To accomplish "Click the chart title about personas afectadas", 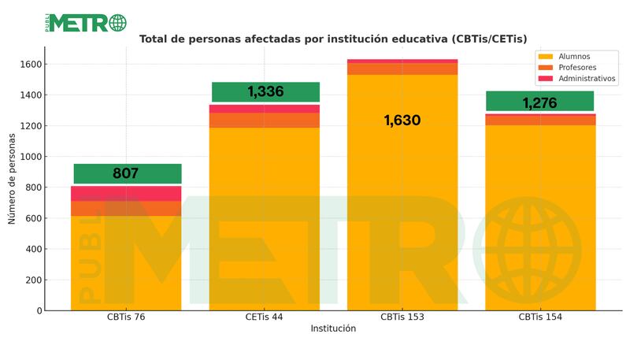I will (333, 39).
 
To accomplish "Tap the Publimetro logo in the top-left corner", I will (86, 23).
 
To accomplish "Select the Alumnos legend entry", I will (572, 57).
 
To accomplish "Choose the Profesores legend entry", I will (576, 68).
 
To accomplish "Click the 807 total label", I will (126, 173).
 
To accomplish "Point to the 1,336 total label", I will (265, 92).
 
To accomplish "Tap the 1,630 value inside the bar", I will (402, 121).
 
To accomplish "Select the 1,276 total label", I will (540, 102).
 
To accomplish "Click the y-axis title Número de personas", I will (13, 177).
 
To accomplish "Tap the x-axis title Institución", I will (333, 328).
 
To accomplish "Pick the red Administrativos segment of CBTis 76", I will (126, 193).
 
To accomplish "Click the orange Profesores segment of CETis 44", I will (265, 120).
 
